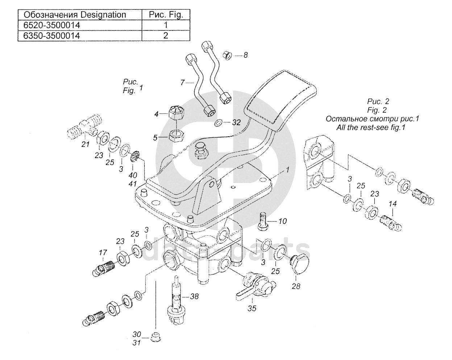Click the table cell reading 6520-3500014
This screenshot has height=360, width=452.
[80, 25]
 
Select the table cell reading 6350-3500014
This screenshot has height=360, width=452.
[80, 36]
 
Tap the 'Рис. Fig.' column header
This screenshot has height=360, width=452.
[166, 15]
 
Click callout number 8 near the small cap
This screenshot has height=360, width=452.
[245, 55]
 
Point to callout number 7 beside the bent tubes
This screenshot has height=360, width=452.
[182, 83]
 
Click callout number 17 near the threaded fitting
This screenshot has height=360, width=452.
[103, 253]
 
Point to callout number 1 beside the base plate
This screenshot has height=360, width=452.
[287, 170]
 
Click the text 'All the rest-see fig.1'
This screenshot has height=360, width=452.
[371, 128]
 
